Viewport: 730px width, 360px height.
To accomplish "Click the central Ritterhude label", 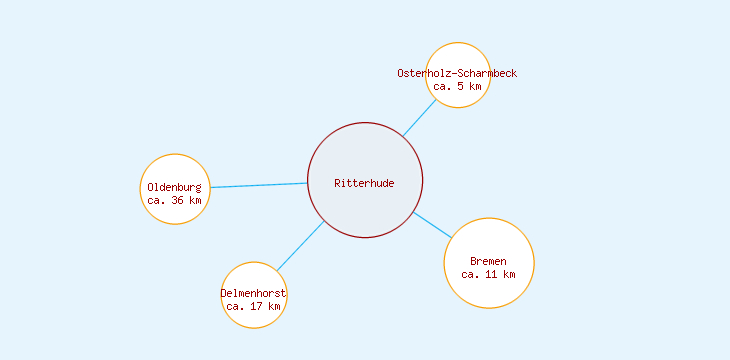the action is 364,183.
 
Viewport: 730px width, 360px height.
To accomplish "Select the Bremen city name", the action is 488,261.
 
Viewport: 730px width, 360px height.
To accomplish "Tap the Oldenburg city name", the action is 174,187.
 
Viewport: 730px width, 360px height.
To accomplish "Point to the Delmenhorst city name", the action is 253,293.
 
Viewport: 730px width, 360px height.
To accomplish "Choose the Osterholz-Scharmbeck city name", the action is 457,73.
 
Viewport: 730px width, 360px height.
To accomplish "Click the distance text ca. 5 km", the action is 457,86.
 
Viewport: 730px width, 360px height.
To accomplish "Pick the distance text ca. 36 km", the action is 174,200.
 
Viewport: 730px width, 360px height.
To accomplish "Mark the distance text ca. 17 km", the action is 253,306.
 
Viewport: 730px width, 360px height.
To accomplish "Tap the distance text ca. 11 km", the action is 488,274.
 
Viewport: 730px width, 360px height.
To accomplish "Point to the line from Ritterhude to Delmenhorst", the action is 300,246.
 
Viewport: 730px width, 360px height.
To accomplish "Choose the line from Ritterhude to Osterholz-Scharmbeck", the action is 420,117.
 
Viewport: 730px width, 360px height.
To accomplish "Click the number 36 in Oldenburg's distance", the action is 178,200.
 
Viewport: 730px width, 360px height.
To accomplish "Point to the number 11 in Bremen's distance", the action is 492,274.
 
